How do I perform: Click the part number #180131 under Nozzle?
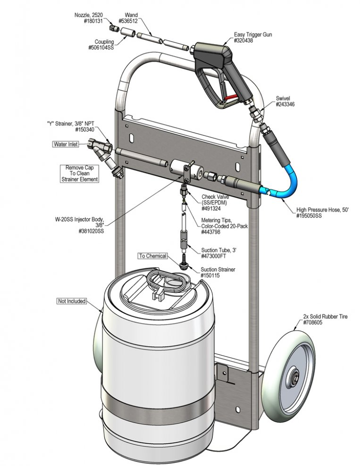[93, 21]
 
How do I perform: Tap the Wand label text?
[131, 15]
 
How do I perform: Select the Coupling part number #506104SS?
[101, 48]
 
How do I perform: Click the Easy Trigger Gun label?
[253, 34]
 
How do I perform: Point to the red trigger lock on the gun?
[231, 97]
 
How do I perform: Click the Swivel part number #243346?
[285, 104]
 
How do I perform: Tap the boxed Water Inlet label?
[66, 144]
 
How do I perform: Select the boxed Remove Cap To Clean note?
[79, 174]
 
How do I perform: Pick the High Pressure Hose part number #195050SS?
[309, 216]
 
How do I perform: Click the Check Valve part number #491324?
[211, 208]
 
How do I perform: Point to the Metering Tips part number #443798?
[211, 232]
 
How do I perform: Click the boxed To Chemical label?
[153, 256]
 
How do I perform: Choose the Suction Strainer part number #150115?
[210, 275]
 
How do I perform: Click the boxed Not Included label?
[72, 301]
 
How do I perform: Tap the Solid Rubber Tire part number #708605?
[312, 323]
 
